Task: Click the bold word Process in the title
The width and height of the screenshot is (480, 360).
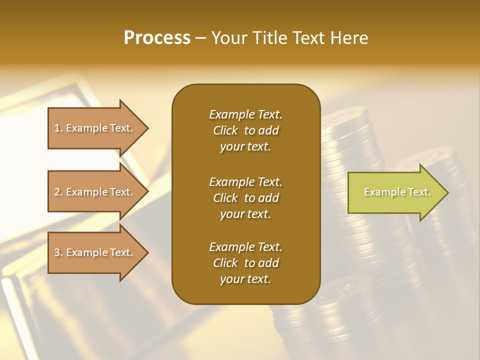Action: click(157, 38)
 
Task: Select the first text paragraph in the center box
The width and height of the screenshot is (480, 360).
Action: click(245, 130)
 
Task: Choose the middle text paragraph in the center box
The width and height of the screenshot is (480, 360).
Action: click(245, 198)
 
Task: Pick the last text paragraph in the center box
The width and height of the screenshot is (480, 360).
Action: click(245, 263)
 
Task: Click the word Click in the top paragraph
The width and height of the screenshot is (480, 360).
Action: click(225, 130)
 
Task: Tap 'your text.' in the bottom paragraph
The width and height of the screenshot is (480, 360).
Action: click(245, 279)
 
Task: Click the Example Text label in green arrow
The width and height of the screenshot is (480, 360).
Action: click(397, 192)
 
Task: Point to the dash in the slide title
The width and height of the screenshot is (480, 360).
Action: click(200, 38)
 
